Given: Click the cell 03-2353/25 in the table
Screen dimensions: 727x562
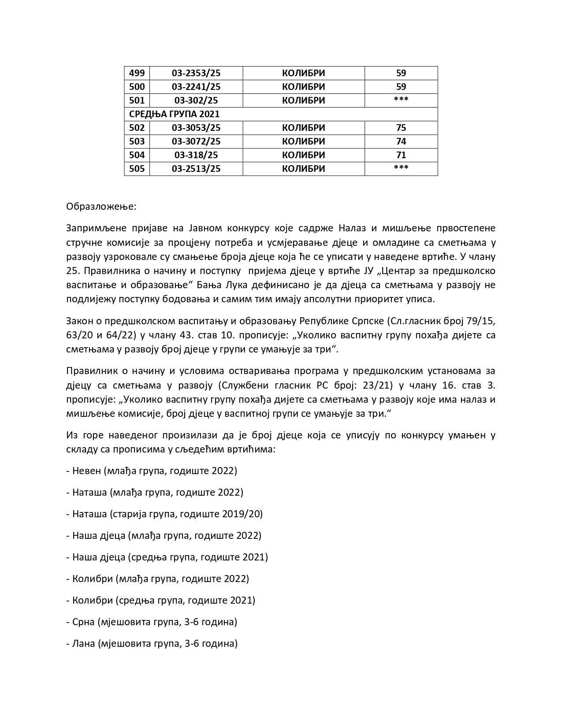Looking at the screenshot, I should (196, 73).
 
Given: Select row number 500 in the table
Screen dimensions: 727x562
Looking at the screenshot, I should (137, 87).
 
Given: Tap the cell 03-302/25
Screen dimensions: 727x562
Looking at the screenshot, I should (196, 100).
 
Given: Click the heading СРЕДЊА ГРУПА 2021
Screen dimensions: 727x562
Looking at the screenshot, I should (174, 114).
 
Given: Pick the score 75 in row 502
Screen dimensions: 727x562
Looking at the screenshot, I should (401, 128).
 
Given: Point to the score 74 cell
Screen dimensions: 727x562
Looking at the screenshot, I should (401, 141).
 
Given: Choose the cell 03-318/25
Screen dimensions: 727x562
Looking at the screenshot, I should (196, 155).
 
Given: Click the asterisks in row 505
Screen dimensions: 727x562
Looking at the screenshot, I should (401, 168).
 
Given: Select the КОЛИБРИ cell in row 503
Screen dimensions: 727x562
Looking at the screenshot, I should (303, 141).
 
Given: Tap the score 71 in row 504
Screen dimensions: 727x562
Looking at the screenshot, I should (401, 155).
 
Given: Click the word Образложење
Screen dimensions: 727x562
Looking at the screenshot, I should (95, 207).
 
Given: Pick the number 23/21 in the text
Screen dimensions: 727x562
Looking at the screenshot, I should (376, 386).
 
